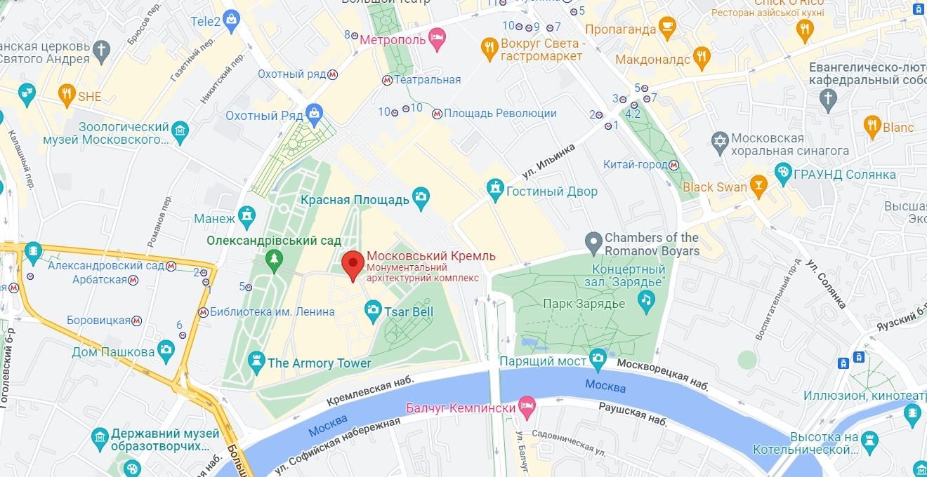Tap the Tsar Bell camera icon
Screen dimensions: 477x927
373,309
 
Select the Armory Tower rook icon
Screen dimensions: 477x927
256,362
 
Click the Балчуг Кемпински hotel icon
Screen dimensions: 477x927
527,406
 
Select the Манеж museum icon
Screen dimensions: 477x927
246,217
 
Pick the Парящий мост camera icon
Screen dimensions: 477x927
598,359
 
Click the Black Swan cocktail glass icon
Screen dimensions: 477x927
758,186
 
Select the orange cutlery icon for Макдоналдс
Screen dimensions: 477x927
701,58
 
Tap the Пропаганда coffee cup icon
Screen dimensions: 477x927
667,29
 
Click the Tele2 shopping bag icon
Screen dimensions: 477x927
232,21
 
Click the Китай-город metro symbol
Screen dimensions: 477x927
673,165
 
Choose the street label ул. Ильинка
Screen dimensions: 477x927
548,161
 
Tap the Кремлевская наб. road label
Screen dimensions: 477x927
370,390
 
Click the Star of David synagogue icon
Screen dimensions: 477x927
719,140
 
